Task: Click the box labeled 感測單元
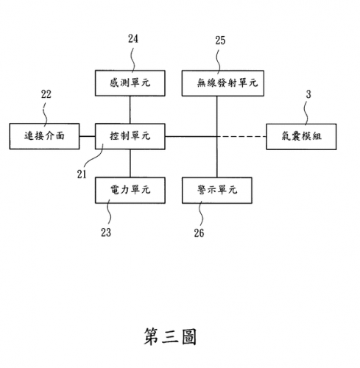click(130, 83)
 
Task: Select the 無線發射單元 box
click(223, 83)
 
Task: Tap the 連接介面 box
click(44, 136)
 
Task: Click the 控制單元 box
click(130, 136)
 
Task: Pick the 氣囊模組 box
click(301, 137)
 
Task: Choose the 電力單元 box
click(130, 191)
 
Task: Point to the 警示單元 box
click(217, 191)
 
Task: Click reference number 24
click(133, 39)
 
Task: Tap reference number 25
click(220, 40)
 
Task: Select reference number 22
click(46, 94)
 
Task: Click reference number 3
click(308, 94)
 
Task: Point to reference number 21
click(82, 174)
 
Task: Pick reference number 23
click(106, 233)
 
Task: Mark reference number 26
click(199, 233)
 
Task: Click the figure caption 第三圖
click(170, 336)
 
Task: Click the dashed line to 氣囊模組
click(241, 136)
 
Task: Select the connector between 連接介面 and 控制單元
click(88, 136)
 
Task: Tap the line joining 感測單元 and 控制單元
click(130, 110)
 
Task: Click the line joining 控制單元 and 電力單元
click(130, 163)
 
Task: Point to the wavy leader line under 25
click(218, 61)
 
